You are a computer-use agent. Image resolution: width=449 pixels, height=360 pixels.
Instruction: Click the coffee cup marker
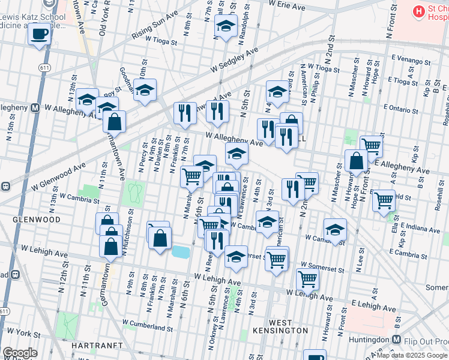coord(40,34)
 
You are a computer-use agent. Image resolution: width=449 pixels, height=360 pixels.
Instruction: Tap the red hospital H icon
coord(417,11)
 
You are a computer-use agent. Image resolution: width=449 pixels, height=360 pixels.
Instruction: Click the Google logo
coord(20,353)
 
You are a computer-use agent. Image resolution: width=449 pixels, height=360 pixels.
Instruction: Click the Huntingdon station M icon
coord(396,340)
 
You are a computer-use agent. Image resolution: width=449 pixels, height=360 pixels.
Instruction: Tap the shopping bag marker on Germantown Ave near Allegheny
coord(114,122)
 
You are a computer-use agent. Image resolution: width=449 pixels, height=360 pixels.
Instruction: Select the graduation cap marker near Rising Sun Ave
coord(226,27)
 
